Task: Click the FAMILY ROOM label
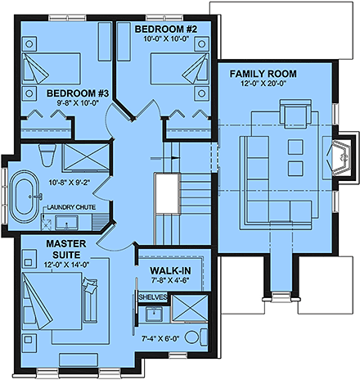263,74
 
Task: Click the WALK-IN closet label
170,269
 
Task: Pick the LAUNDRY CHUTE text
71,207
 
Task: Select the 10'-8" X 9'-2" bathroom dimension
70,183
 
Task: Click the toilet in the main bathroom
47,154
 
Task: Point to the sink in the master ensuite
152,314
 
